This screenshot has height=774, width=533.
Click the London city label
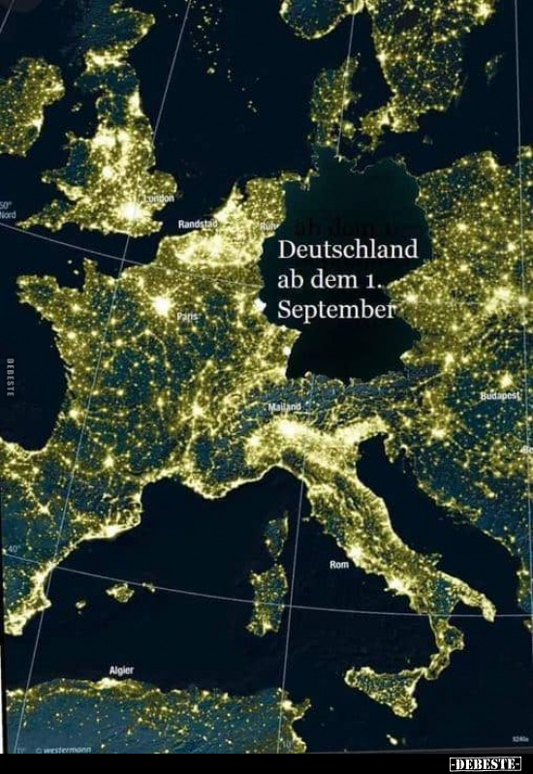(160, 199)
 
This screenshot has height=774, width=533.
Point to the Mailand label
(284, 407)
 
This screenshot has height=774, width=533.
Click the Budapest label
(501, 396)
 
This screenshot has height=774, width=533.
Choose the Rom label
(338, 564)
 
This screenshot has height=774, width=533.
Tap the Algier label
(121, 669)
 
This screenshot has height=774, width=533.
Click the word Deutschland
(347, 249)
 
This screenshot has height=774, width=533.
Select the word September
(336, 310)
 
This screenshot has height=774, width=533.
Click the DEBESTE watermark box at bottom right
(486, 763)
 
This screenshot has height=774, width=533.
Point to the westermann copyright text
(66, 750)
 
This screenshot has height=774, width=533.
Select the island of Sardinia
(267, 591)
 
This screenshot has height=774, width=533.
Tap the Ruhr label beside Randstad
(267, 226)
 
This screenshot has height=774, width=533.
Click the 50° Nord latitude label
(6, 210)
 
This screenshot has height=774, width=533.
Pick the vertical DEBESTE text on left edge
(9, 377)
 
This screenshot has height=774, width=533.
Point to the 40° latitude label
(13, 549)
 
